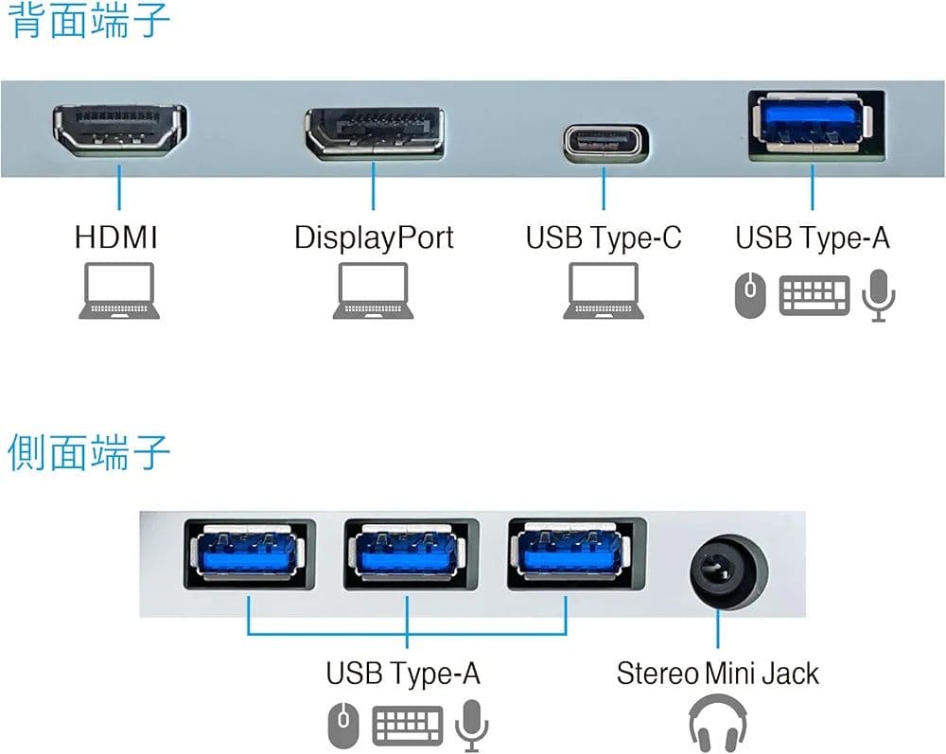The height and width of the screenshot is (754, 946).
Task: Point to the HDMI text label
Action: tap(116, 237)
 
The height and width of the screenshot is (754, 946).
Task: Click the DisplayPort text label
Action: tap(374, 237)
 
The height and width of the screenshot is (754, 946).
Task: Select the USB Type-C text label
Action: tap(604, 237)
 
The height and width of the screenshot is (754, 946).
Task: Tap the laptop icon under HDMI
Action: tap(119, 290)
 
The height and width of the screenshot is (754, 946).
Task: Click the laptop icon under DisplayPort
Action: tap(374, 290)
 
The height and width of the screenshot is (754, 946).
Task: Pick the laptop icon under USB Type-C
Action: tap(604, 290)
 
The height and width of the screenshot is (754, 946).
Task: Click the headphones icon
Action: tap(718, 723)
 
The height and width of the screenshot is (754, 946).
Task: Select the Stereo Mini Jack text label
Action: tap(717, 674)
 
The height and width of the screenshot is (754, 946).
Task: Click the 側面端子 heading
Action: tap(89, 453)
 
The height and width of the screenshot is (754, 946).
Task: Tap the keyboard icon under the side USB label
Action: tap(409, 726)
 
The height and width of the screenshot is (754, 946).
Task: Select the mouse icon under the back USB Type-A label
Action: tap(749, 294)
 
